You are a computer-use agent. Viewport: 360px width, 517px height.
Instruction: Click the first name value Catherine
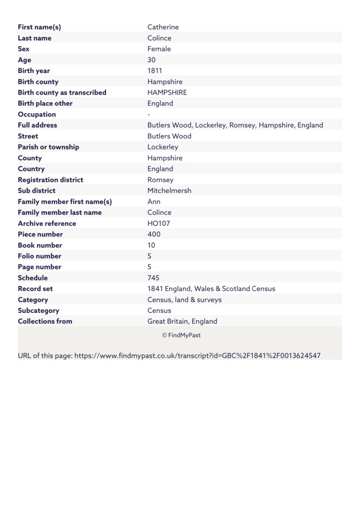(x=163, y=27)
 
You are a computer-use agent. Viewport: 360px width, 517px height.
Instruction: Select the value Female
(x=159, y=49)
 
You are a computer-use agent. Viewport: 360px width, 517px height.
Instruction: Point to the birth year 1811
(x=155, y=71)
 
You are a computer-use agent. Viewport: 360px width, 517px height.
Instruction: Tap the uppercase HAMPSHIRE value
(x=167, y=92)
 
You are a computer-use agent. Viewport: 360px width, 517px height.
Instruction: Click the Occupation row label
(x=37, y=114)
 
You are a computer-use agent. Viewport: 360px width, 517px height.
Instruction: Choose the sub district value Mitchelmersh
(x=169, y=191)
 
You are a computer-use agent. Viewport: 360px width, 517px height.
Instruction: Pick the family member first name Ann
(x=154, y=202)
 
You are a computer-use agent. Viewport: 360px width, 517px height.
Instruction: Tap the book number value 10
(x=151, y=245)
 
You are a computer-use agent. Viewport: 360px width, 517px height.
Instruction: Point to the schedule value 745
(x=154, y=278)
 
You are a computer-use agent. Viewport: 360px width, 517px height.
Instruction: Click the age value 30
(x=151, y=60)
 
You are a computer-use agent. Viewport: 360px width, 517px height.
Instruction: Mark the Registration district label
(x=50, y=180)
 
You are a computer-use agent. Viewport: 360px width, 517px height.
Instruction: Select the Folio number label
(x=40, y=256)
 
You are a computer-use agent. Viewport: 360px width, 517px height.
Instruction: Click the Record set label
(x=35, y=289)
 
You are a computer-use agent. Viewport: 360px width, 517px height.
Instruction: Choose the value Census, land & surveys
(x=184, y=300)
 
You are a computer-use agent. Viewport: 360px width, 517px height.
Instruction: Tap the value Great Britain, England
(x=182, y=321)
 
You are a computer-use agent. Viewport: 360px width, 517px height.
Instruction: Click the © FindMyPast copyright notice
(x=181, y=335)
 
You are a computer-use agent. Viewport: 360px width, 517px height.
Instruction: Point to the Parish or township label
(x=48, y=147)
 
